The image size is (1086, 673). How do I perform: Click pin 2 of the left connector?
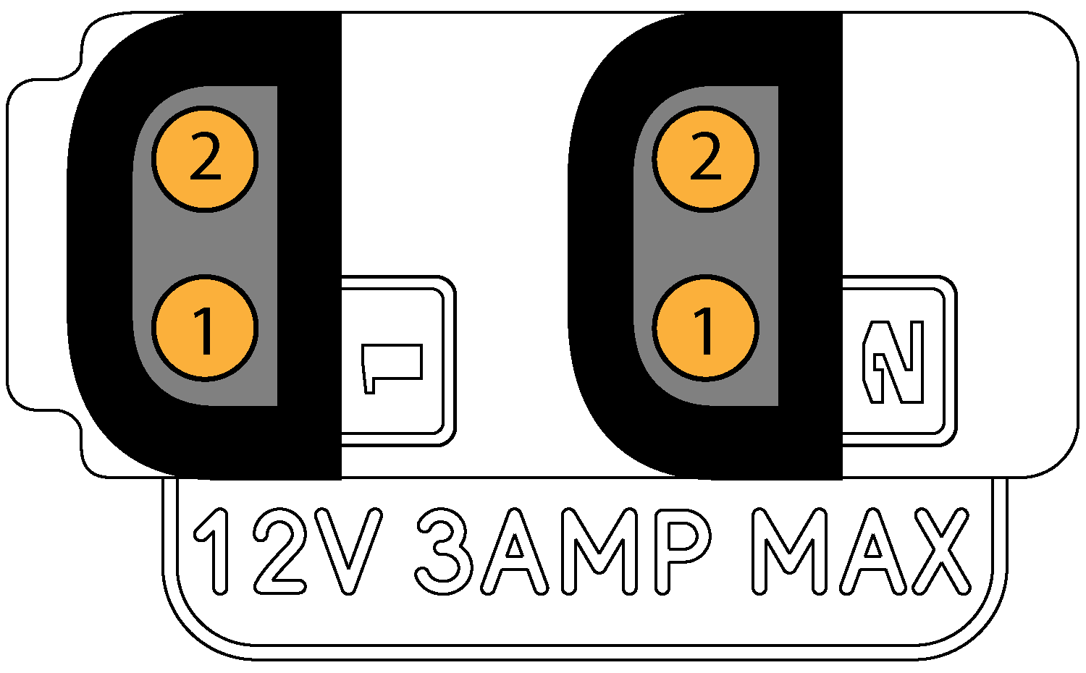pyautogui.click(x=205, y=158)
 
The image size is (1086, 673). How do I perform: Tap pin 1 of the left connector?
pyautogui.click(x=205, y=328)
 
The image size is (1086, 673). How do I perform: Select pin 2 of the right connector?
pyautogui.click(x=706, y=158)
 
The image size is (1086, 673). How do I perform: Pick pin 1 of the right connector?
pyautogui.click(x=706, y=328)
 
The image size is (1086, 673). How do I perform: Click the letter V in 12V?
pyautogui.click(x=350, y=550)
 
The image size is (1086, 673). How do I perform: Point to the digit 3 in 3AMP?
pyautogui.click(x=443, y=550)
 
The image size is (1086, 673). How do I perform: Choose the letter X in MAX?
pyautogui.click(x=938, y=550)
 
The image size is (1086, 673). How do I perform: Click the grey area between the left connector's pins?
pyautogui.click(x=205, y=243)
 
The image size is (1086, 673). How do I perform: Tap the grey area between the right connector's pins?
pyautogui.click(x=706, y=243)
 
